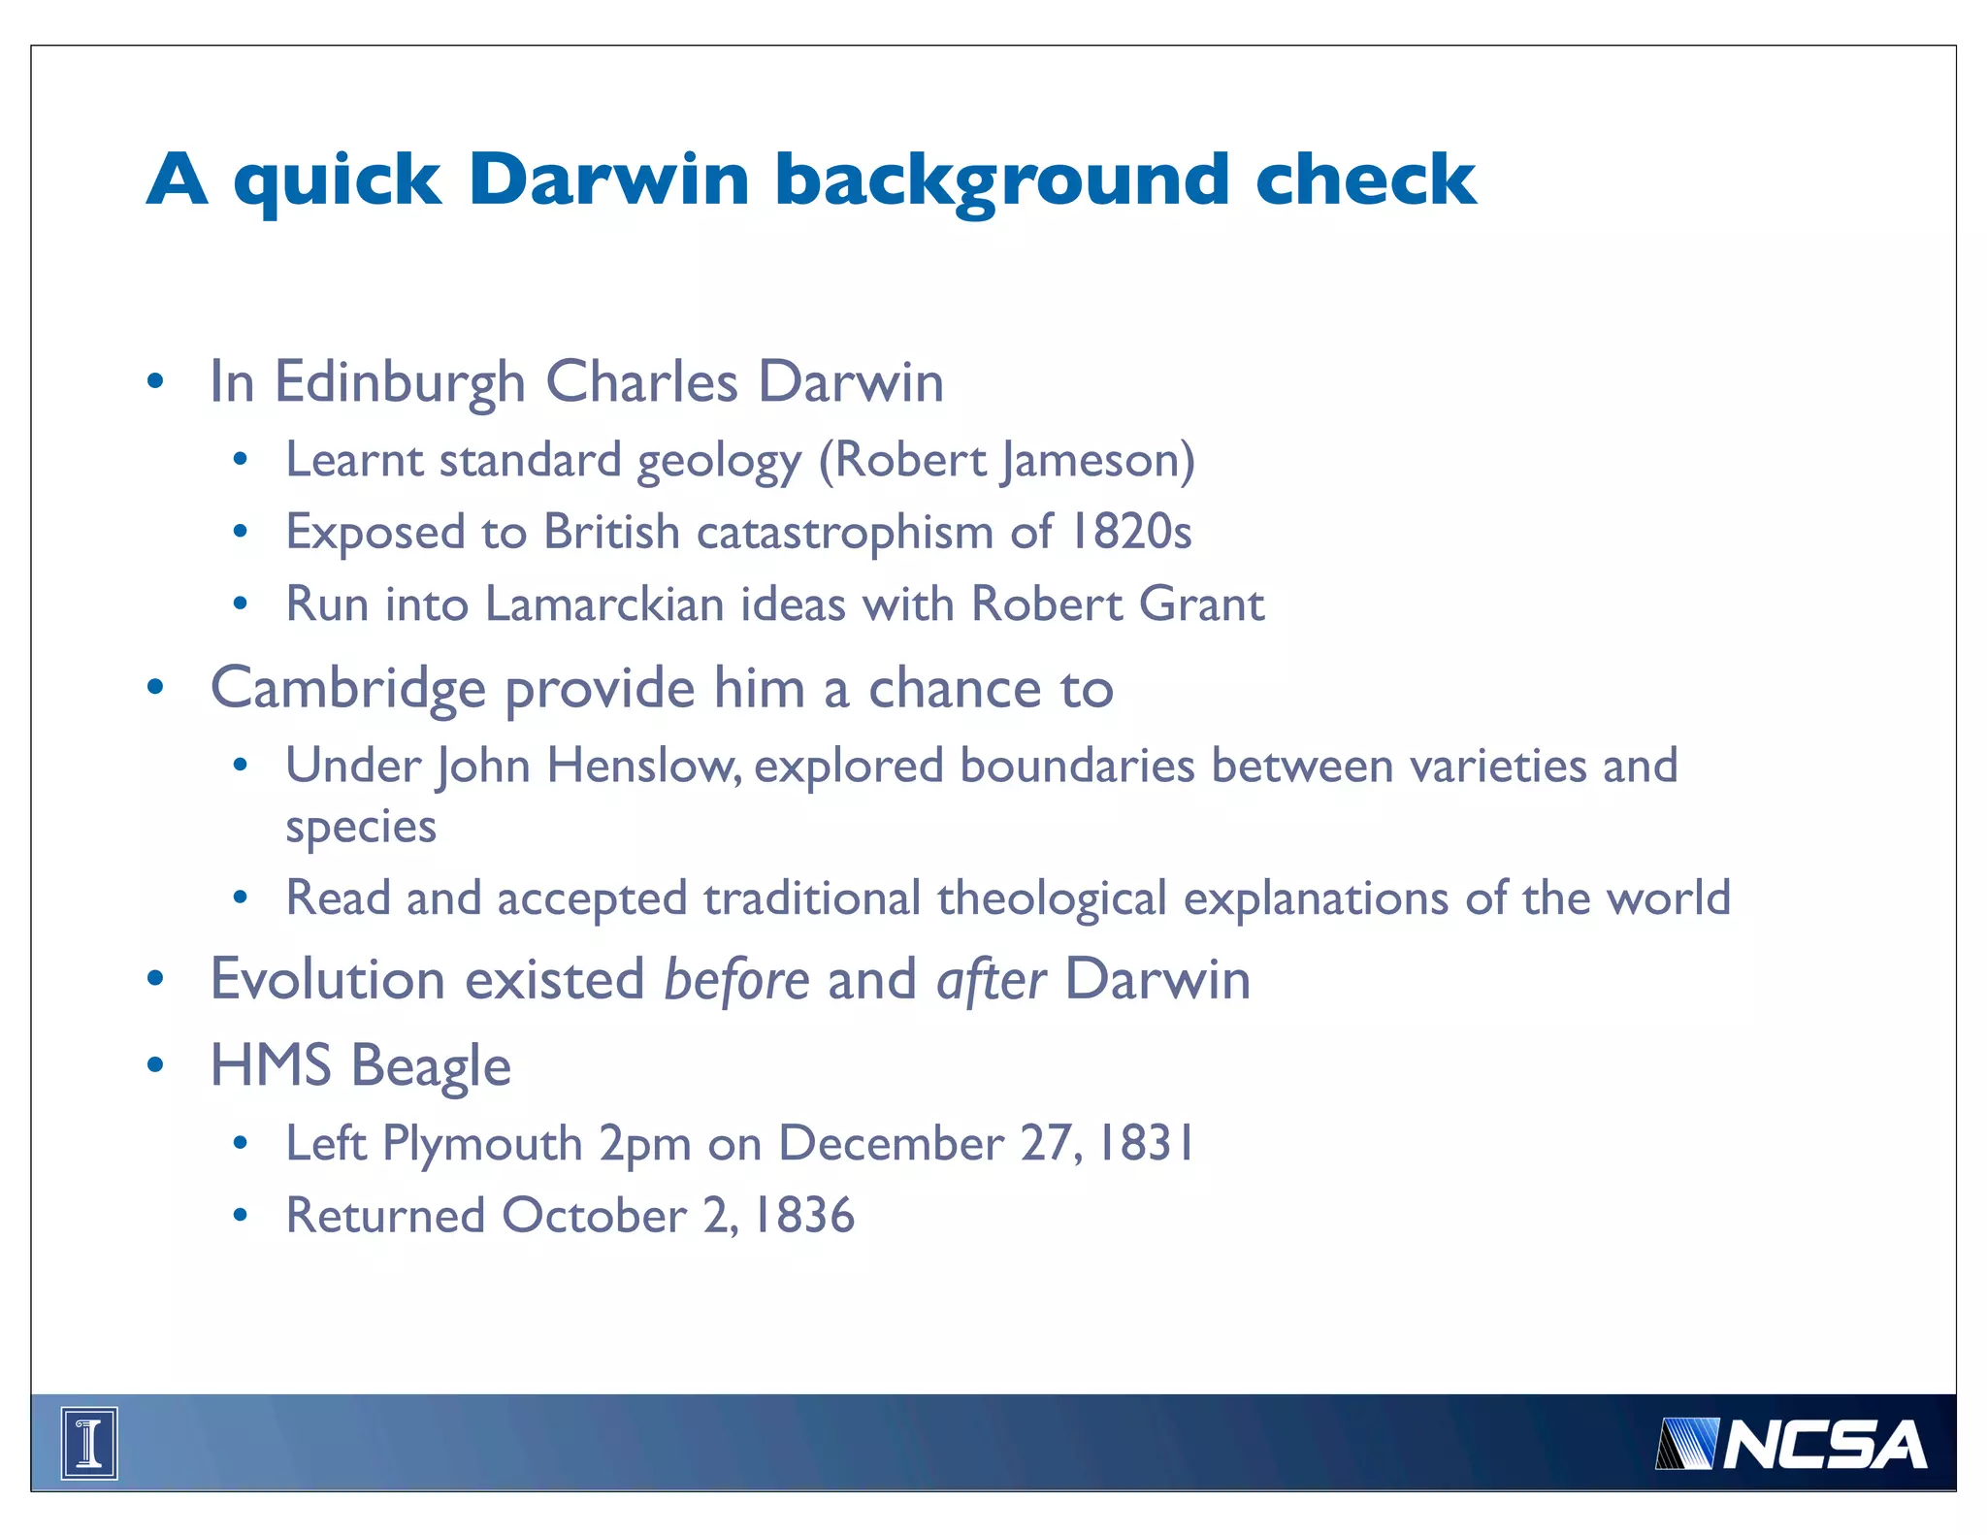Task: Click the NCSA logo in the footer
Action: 1791,1444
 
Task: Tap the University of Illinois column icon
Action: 89,1443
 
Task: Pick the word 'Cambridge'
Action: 348,689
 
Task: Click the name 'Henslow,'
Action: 644,767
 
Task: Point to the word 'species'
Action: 361,827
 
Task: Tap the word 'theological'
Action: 1052,898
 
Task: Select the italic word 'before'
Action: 736,979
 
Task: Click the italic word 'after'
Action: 991,979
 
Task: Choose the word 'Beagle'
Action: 431,1066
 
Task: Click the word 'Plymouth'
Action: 482,1144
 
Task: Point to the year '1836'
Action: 804,1216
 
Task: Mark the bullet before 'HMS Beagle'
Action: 155,1065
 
